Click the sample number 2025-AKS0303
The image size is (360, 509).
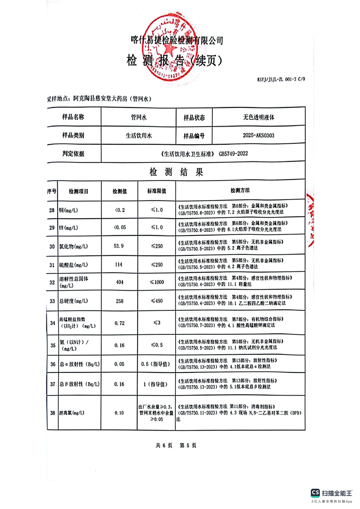coord(258,135)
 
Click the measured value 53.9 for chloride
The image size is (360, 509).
coord(118,246)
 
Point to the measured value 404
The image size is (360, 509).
coord(119,282)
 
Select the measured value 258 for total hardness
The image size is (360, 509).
coord(119,301)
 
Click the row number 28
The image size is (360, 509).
coord(51,210)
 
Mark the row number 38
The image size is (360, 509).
coord(51,412)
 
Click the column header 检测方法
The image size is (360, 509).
coord(240,191)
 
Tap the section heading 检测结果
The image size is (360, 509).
coord(176,172)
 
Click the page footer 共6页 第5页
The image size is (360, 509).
coord(176,445)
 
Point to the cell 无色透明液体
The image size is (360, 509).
coord(258,117)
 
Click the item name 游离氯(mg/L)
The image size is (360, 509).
coord(73,413)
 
